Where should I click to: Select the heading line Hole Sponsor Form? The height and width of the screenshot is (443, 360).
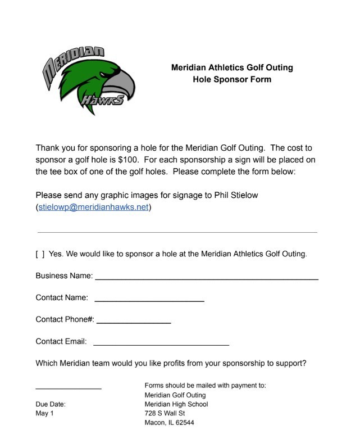(231, 80)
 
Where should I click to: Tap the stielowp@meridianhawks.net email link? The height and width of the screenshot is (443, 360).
(94, 207)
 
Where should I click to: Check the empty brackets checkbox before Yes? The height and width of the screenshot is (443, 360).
(40, 254)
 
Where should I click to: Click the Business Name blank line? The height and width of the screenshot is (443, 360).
(206, 278)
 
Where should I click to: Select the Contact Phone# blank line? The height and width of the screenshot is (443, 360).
(134, 323)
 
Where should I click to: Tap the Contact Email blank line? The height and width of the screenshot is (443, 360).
(161, 344)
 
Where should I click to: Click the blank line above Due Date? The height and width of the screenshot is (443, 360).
(69, 388)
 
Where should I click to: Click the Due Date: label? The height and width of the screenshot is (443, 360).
(51, 404)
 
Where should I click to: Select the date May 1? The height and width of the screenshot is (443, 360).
(44, 414)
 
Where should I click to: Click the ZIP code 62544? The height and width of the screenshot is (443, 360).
(185, 423)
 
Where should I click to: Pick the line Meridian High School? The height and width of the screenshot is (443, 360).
(176, 404)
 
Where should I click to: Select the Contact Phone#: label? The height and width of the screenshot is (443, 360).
(65, 319)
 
